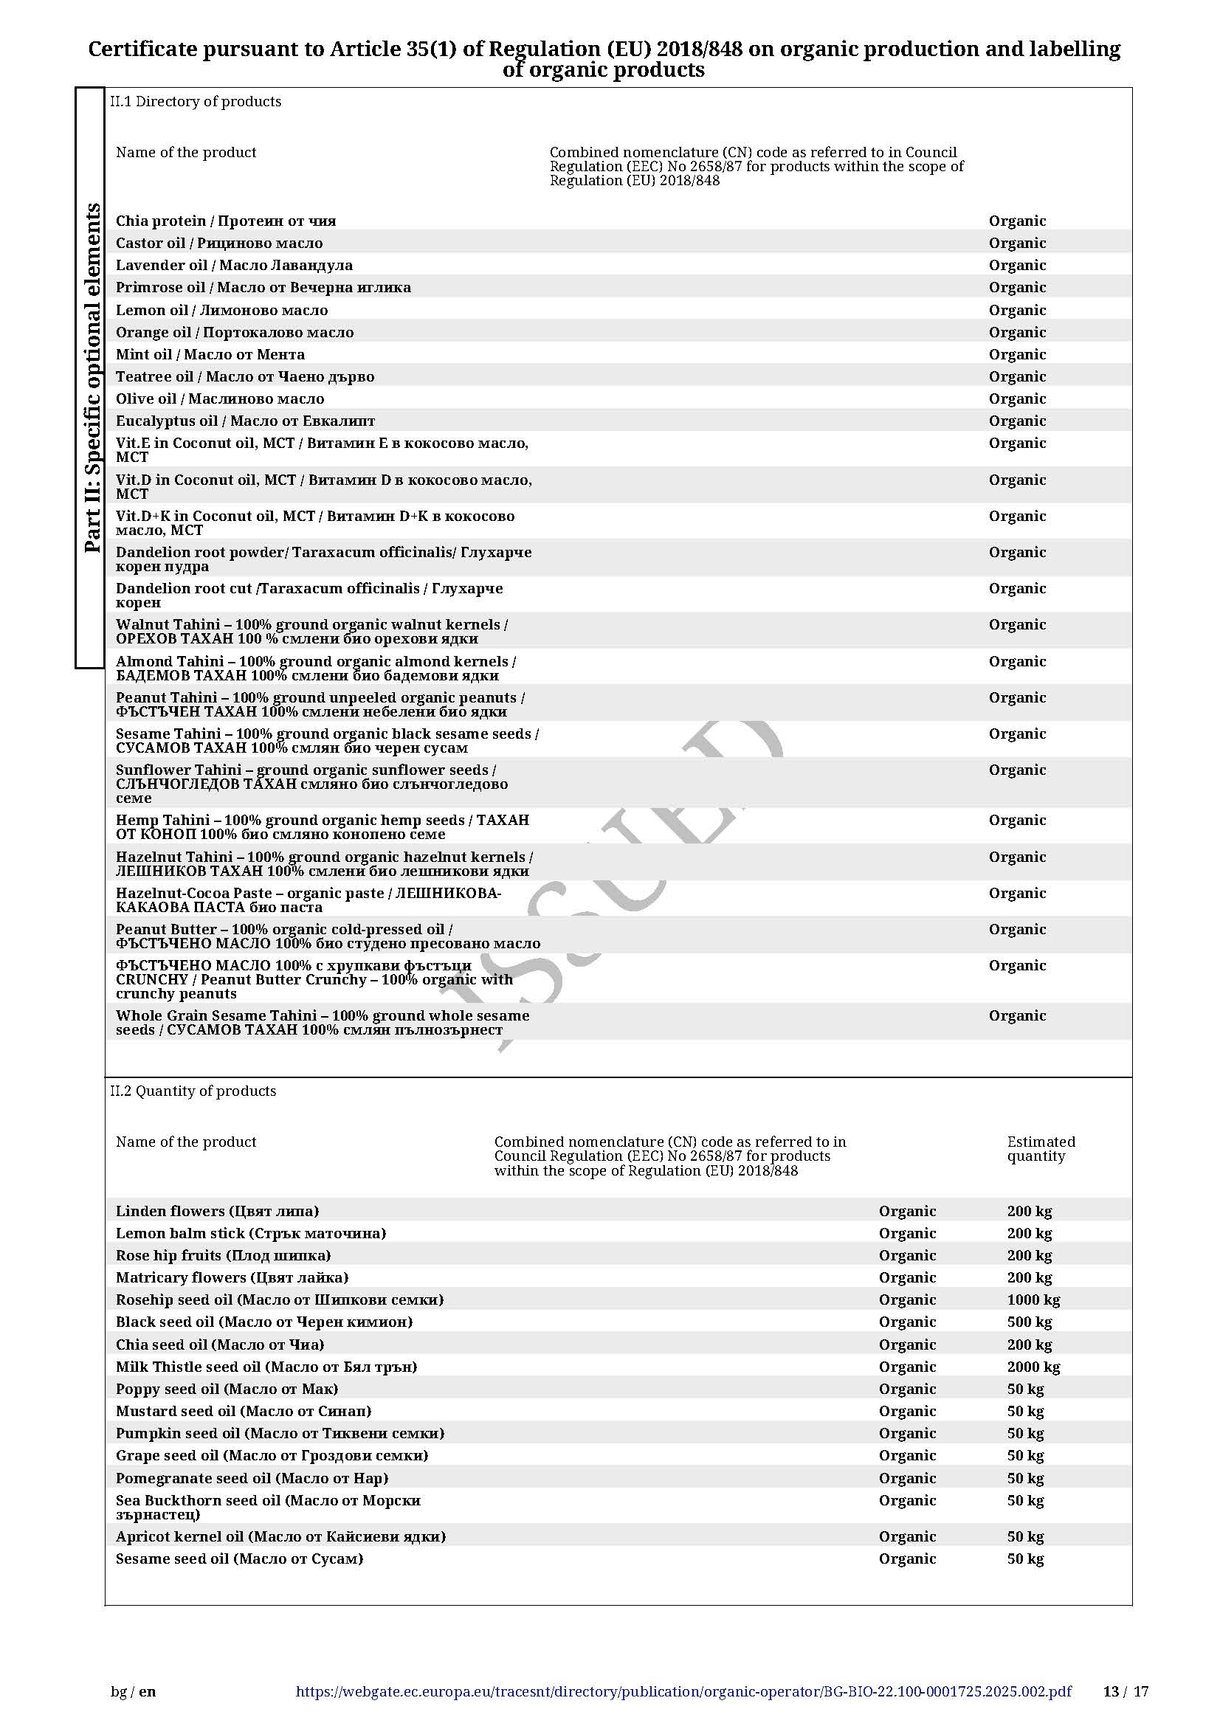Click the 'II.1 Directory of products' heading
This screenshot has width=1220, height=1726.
pos(196,102)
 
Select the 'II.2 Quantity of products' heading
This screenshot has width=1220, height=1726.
pos(193,1091)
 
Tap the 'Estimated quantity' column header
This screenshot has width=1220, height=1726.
pos(1041,1149)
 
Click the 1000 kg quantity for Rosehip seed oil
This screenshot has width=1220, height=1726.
pos(1033,1299)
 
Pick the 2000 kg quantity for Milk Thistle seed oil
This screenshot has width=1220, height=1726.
pos(1033,1367)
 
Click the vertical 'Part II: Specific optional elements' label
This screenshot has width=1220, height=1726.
pos(92,377)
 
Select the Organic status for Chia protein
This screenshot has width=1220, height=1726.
pos(1017,221)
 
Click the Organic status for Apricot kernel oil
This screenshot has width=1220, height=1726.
pos(907,1536)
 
